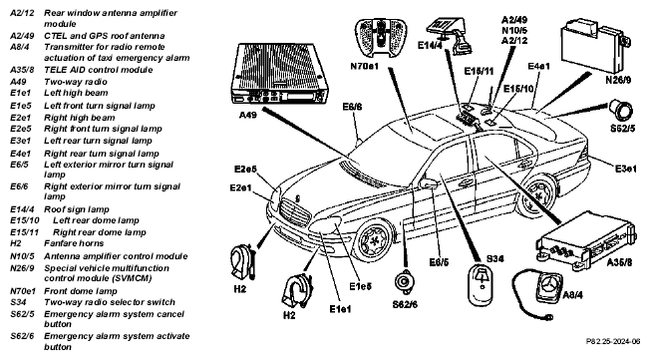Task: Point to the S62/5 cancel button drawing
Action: coord(620,110)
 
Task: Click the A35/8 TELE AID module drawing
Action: coord(584,240)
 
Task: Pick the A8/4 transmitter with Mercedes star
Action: coord(549,286)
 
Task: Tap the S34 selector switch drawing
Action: coord(482,285)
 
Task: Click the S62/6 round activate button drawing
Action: coord(404,282)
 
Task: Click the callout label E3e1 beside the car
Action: coord(625,169)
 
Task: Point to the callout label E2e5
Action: coord(245,169)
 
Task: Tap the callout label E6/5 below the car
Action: coord(439,262)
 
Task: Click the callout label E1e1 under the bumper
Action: coord(340,309)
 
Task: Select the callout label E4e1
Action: coord(539,66)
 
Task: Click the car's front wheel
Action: coord(376,239)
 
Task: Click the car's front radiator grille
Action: coord(295,211)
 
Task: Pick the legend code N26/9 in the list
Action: coord(22,268)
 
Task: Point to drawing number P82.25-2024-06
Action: coord(613,341)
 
